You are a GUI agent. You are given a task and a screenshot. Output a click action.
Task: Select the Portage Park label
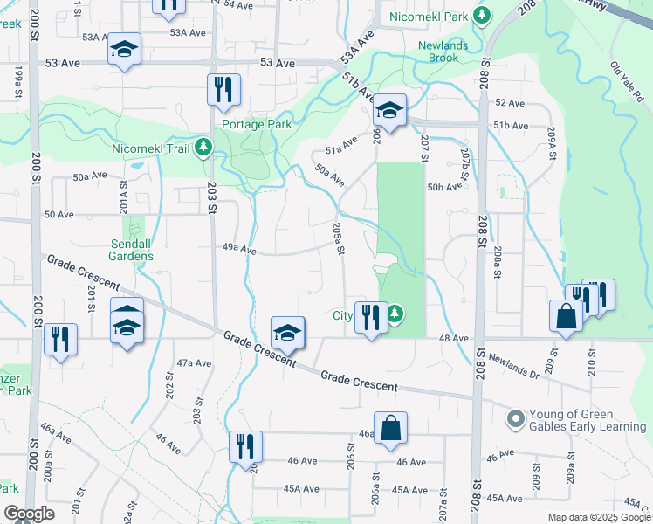click(x=256, y=124)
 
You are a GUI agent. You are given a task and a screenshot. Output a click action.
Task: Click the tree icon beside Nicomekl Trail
click(x=203, y=148)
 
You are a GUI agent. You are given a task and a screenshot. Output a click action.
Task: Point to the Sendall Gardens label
click(x=132, y=250)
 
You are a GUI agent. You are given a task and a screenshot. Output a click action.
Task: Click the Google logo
click(x=29, y=514)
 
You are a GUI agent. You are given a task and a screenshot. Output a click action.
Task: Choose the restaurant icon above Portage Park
click(x=223, y=88)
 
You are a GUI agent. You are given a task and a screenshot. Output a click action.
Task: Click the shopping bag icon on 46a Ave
click(x=392, y=428)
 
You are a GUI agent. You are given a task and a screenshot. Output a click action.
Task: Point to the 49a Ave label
click(x=238, y=250)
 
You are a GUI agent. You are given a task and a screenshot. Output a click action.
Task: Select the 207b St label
click(x=465, y=164)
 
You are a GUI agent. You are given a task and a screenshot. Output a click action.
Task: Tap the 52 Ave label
click(x=510, y=103)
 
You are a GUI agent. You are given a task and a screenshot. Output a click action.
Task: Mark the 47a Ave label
click(x=194, y=362)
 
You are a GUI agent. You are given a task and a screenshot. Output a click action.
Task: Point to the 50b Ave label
click(x=444, y=187)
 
